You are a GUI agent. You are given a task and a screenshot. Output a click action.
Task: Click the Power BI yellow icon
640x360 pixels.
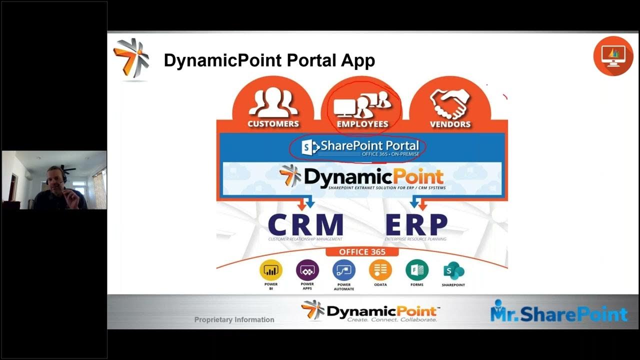pos(270,270)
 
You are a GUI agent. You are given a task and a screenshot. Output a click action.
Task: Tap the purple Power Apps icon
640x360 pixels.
pos(307,270)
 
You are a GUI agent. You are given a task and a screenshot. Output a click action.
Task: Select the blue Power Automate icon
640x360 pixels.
pos(344,270)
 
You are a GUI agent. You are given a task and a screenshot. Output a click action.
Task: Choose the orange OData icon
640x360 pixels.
pos(380,270)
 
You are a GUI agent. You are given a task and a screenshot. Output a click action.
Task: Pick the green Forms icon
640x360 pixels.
pos(417,270)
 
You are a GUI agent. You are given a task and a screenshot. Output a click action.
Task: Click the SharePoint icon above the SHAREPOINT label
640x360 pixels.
pos(453,271)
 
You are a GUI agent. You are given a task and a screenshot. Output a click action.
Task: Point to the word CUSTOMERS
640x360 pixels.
pos(273,124)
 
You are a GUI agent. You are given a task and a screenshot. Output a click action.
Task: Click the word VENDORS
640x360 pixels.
pos(450,124)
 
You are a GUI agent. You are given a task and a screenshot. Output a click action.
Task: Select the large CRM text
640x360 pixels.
pos(305,224)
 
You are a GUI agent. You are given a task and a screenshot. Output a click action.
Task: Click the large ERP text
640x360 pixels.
pos(416,224)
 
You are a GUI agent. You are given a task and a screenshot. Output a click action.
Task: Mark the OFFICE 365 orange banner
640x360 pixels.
pos(362,252)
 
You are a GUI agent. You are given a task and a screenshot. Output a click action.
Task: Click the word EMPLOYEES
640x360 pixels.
pos(362,124)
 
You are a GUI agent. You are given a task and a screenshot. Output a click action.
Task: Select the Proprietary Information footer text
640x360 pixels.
pos(234,319)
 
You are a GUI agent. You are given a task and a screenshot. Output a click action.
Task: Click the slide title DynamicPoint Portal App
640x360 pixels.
pos(269,61)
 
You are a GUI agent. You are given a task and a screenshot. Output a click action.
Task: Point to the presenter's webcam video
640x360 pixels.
pos(54,180)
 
